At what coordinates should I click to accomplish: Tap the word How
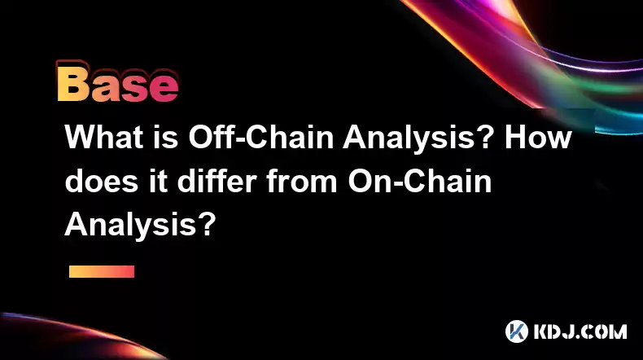coord(538,137)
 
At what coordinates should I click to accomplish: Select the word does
coord(101,181)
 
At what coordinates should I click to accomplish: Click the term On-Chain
coord(419,181)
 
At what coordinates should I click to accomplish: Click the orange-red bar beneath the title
coord(102,271)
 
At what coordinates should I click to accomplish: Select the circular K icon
coord(516,331)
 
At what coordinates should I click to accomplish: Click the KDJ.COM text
coord(580,331)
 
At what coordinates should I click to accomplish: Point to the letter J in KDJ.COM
coord(574,331)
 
